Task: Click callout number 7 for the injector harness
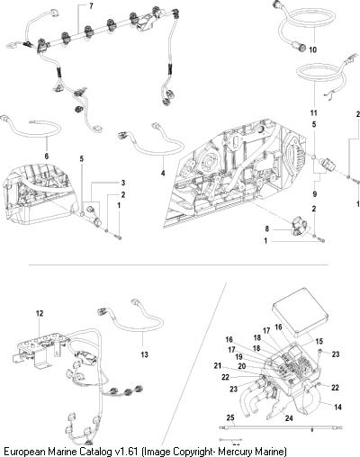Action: pyautogui.click(x=91, y=6)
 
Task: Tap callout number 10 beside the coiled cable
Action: pyautogui.click(x=312, y=49)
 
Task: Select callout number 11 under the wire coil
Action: pyautogui.click(x=314, y=113)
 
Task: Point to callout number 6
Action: pyautogui.click(x=47, y=156)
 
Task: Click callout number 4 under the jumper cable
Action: pyautogui.click(x=163, y=173)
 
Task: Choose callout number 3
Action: pyautogui.click(x=123, y=183)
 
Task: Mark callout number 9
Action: pyautogui.click(x=314, y=194)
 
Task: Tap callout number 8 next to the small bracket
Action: pyautogui.click(x=267, y=228)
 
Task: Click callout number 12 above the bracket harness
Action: pyautogui.click(x=40, y=313)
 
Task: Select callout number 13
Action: pyautogui.click(x=144, y=354)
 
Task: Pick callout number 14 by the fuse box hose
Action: pyautogui.click(x=337, y=407)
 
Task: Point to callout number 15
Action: pyautogui.click(x=319, y=341)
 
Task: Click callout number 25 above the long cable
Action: pyautogui.click(x=230, y=417)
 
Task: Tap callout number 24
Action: pyautogui.click(x=289, y=417)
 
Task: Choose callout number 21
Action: pyautogui.click(x=218, y=365)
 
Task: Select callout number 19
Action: pyautogui.click(x=238, y=357)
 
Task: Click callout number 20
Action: pyautogui.click(x=242, y=366)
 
